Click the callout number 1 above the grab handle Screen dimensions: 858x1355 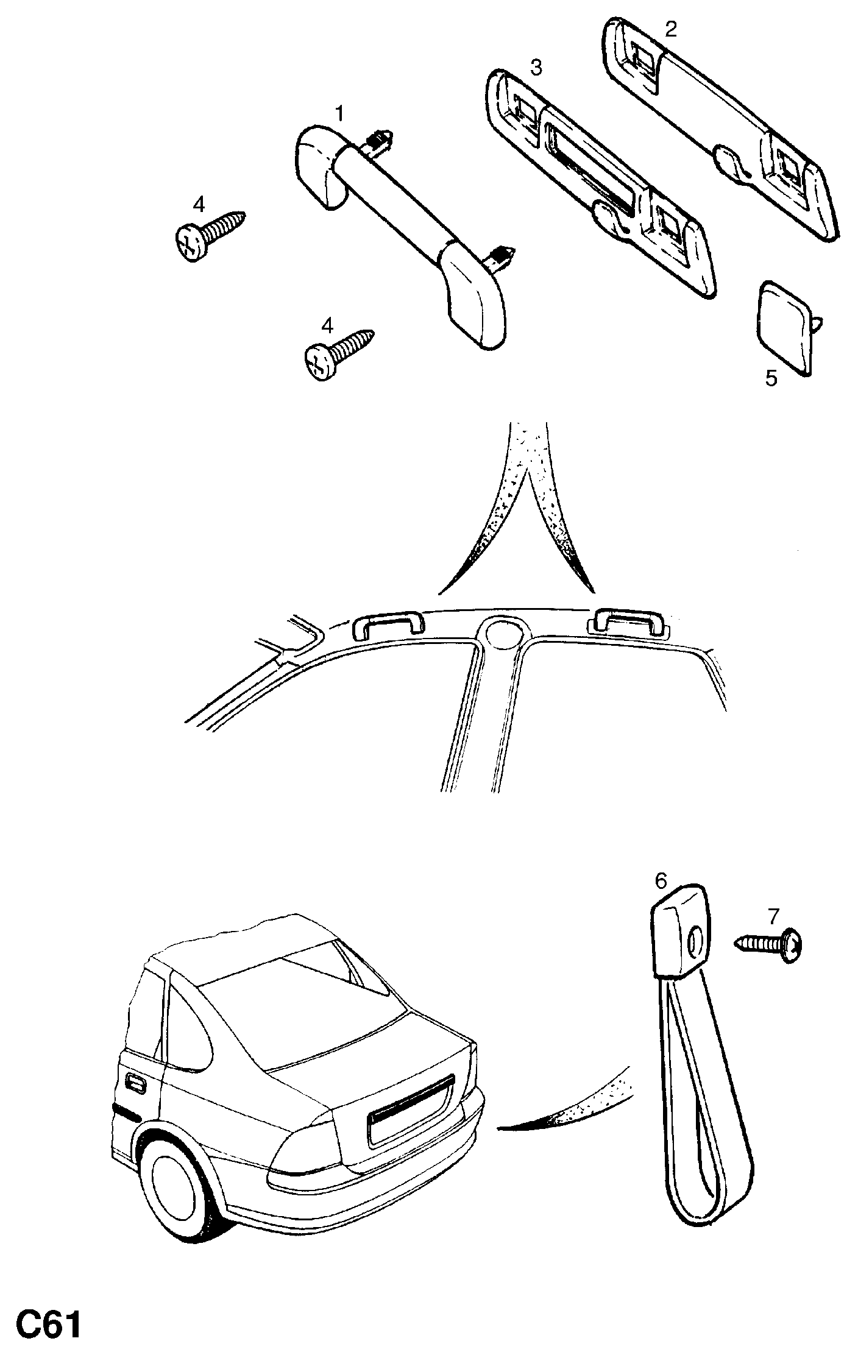point(339,113)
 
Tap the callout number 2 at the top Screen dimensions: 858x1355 point(670,29)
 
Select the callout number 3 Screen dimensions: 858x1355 point(536,67)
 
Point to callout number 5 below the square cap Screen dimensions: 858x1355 point(771,378)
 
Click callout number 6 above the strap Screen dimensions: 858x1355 point(661,880)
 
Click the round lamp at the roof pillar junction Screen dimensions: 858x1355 point(503,634)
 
